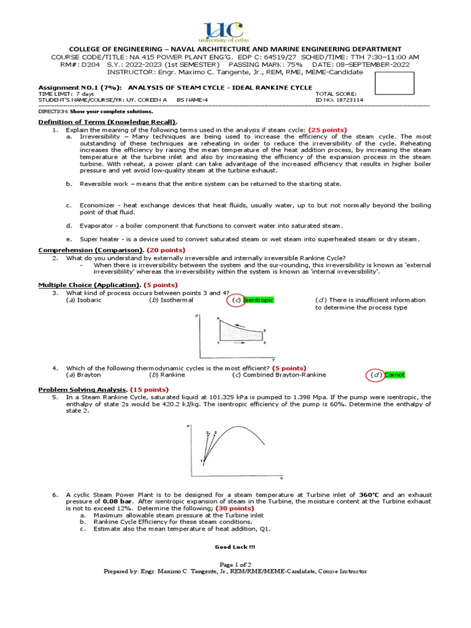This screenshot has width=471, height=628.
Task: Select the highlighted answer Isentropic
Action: coord(258,300)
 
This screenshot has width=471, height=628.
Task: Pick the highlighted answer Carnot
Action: coord(395,375)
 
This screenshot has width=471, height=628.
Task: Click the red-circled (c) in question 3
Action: coord(235,300)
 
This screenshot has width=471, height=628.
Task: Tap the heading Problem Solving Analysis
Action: coord(82,389)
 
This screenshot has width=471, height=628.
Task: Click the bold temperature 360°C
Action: coord(372,495)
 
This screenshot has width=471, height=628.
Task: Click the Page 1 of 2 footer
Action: coord(235,564)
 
